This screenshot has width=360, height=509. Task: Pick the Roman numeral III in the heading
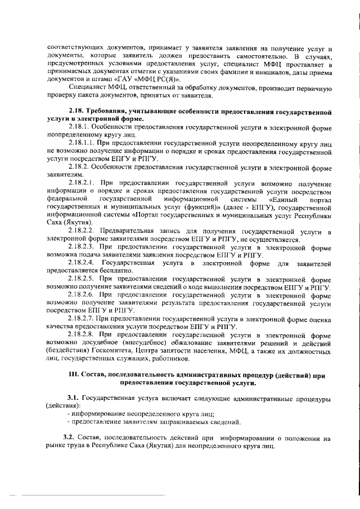tap(72, 375)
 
